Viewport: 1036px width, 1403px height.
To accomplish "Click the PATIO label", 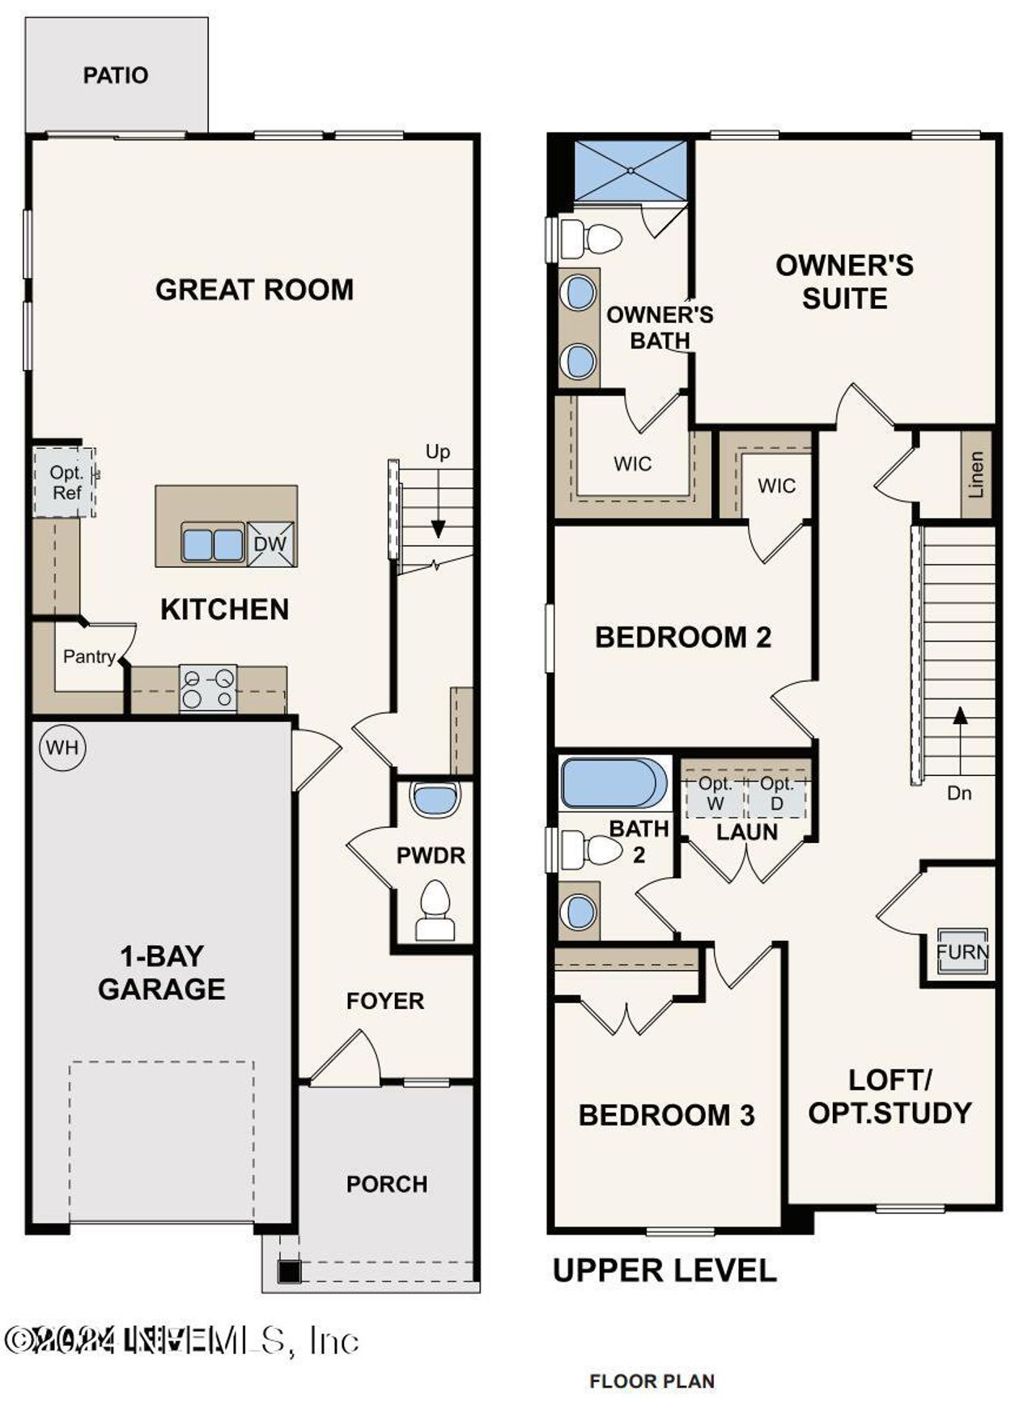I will pos(116,75).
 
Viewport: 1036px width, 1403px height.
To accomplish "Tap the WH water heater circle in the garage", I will pos(62,747).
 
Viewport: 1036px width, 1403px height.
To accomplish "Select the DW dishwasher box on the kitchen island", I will pos(270,544).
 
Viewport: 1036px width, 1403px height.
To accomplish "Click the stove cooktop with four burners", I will pos(208,689).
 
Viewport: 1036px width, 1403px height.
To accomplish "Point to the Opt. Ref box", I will pos(65,482).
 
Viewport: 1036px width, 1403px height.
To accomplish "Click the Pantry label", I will pos(89,656).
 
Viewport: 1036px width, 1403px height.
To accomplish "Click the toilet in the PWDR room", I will pos(435,910).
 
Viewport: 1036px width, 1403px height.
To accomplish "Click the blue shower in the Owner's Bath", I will pos(631,171).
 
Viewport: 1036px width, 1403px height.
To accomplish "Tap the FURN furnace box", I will pos(962,952).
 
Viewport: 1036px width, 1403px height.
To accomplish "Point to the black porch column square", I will pos(290,1271).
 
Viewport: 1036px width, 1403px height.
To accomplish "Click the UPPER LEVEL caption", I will pos(664,1270).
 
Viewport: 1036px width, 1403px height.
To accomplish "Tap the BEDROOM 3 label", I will pos(666,1115).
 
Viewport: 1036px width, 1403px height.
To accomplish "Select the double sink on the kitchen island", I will pos(213,544).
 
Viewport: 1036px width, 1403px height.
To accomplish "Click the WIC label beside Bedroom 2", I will pos(776,485).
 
